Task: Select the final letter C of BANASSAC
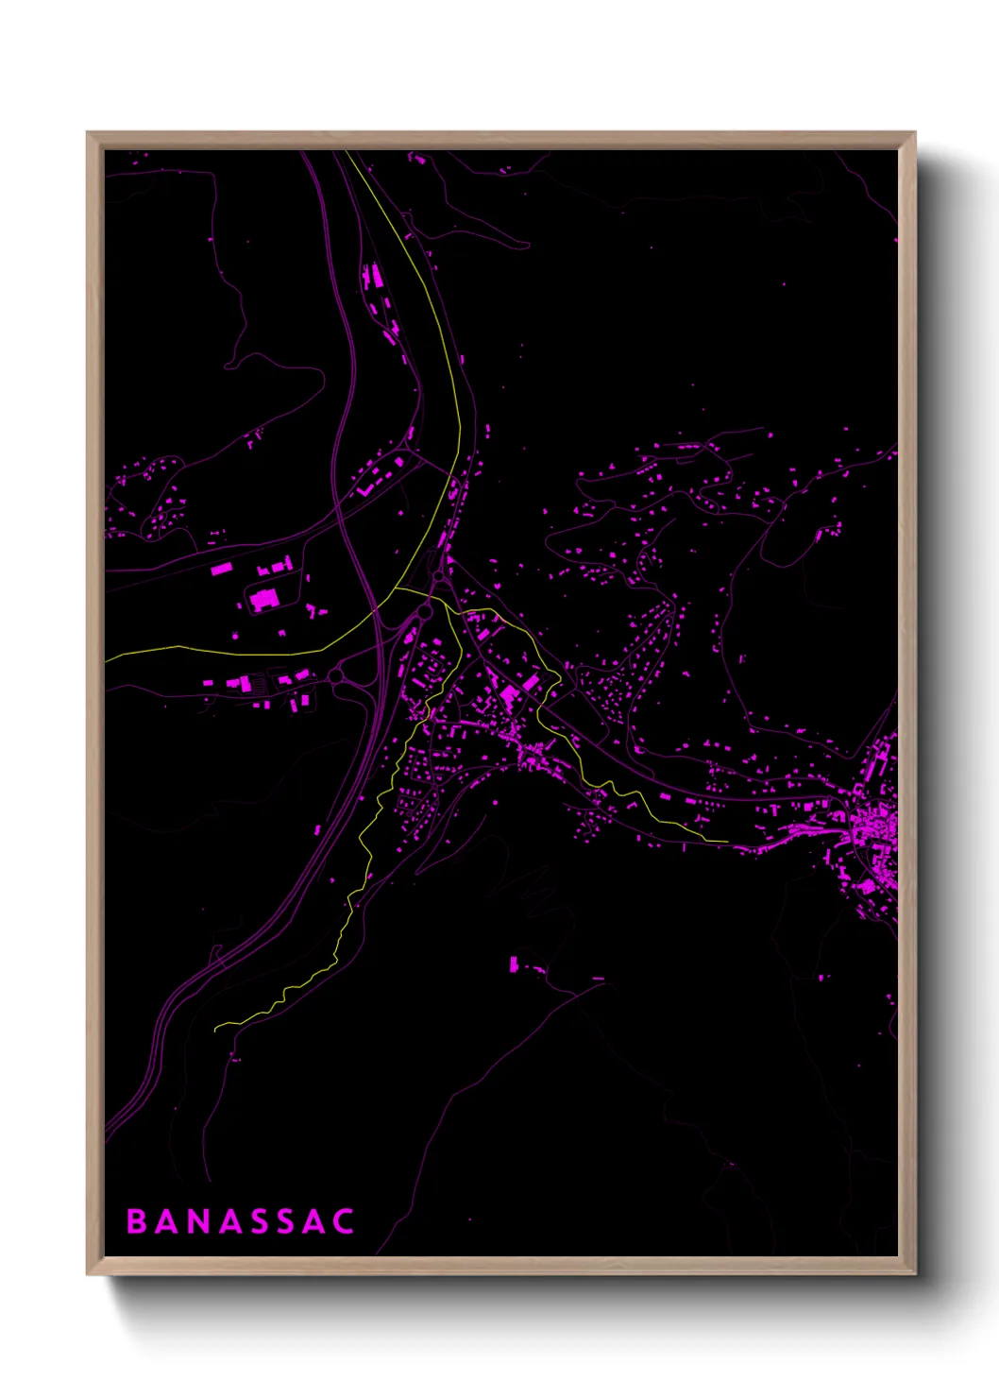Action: [x=344, y=1221]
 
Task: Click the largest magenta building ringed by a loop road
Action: [x=263, y=599]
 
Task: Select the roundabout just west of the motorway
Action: [x=337, y=676]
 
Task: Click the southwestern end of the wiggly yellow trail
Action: [x=216, y=1027]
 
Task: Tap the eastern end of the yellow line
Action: [x=727, y=841]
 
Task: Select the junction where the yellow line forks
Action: [x=431, y=597]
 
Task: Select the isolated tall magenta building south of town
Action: [x=514, y=964]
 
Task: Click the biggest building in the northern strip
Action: [x=374, y=276]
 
